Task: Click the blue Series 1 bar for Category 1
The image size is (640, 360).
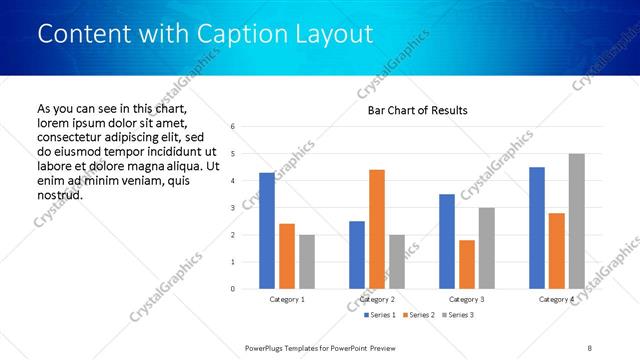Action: pos(267,231)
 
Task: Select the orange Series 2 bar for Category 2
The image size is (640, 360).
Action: pos(377,229)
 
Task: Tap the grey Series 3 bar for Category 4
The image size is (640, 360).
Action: pos(577,221)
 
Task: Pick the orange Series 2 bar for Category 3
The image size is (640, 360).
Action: pos(467,264)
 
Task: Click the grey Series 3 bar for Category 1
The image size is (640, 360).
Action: pos(307,262)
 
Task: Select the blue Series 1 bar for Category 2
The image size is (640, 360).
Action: pos(357,255)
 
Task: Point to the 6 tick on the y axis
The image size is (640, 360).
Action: pos(232,127)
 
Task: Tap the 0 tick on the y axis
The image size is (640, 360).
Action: pos(232,289)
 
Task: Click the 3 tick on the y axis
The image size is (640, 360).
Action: pos(232,208)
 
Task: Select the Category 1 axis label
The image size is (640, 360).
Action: pos(288,299)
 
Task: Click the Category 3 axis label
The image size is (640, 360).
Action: pos(467,299)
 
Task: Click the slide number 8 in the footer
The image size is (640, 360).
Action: pos(589,347)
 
